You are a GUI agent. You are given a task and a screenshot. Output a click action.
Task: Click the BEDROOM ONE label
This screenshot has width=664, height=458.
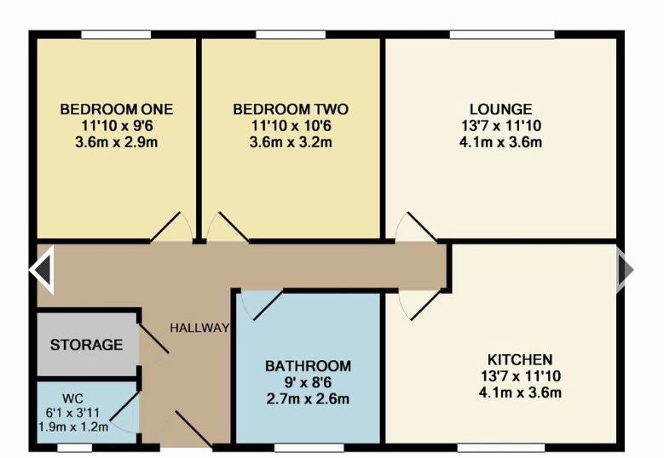pos(117,109)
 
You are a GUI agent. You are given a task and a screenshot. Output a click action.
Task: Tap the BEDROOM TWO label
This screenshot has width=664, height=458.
pos(291,109)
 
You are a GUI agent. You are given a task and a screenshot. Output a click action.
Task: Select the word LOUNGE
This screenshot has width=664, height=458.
pos(500,109)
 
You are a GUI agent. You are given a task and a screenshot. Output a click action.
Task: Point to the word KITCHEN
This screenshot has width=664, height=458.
pos(520,359)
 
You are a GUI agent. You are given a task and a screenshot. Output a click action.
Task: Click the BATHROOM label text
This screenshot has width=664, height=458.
pos(308,366)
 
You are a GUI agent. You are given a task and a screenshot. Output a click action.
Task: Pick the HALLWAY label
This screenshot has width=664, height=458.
pos(199,328)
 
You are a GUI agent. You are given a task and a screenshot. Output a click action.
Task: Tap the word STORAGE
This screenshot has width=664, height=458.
pos(86,345)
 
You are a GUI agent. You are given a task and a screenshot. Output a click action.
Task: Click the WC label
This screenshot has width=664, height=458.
pos(72,398)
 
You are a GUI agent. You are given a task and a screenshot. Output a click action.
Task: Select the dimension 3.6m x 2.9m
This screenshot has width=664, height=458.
pos(117,142)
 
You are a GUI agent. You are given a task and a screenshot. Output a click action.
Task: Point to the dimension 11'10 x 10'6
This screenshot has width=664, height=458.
pos(291,126)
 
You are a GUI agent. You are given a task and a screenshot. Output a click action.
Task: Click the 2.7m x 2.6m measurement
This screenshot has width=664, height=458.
pos(308,398)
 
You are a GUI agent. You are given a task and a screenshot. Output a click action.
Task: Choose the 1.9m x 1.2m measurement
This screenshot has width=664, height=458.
pos(73,427)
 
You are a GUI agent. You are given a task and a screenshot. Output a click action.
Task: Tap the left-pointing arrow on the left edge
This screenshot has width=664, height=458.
pos(42,269)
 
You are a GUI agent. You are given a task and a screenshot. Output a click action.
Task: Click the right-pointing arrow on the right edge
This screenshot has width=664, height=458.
pos(625,269)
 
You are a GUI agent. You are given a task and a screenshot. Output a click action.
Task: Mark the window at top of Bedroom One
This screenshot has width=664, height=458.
pos(116,35)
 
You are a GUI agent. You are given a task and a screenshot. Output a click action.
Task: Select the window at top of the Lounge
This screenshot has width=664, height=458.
pos(502,35)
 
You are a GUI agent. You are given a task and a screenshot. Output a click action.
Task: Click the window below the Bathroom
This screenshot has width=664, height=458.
pos(309,448)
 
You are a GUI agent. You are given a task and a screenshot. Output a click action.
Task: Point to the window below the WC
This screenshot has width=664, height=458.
pos(74,448)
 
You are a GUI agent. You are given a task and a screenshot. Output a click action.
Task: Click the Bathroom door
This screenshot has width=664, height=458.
pos(268,305)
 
